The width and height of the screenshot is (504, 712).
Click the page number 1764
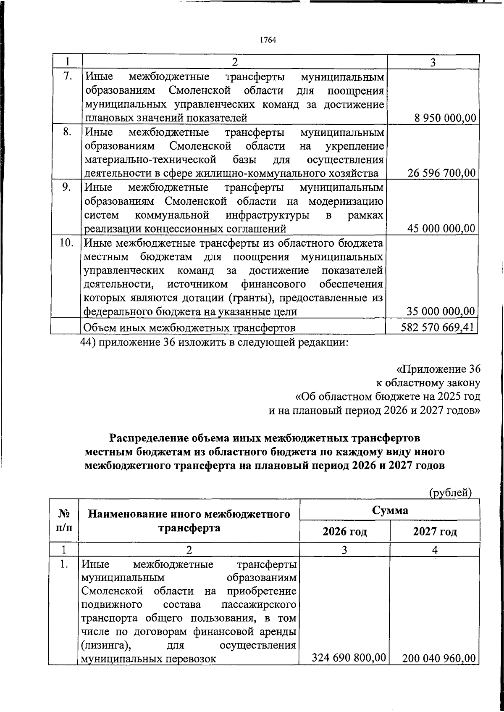[268, 40]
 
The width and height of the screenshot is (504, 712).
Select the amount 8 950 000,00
[445, 118]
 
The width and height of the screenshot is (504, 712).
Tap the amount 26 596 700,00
[441, 173]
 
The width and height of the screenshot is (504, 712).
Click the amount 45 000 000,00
[441, 229]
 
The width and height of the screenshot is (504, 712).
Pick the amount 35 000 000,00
[441, 311]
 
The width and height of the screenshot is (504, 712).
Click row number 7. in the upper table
[67, 77]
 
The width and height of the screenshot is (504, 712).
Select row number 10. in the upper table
[66, 243]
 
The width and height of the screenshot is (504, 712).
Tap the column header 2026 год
[344, 532]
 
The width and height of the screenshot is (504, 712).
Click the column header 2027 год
[435, 532]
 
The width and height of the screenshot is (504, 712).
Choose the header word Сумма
[390, 510]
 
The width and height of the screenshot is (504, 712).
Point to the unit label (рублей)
[450, 492]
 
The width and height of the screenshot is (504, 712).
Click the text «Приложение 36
[438, 369]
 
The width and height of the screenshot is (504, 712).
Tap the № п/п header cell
[63, 520]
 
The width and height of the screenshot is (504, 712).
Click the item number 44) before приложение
[88, 343]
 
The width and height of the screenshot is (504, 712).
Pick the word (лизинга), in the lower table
[102, 645]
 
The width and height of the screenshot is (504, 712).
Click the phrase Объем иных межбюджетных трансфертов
[189, 327]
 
